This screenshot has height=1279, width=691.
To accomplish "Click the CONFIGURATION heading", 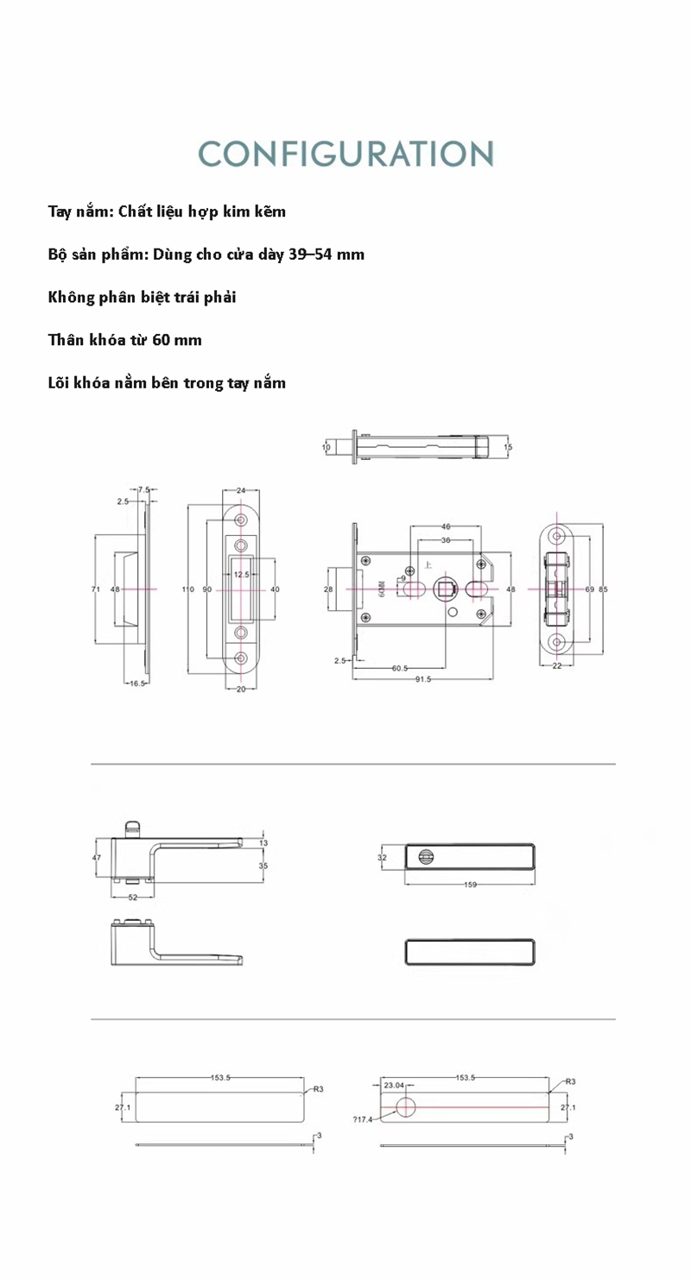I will tap(345, 154).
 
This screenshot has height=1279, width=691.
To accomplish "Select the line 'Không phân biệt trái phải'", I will tap(143, 297).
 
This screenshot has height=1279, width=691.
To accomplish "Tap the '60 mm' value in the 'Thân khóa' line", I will tap(177, 340).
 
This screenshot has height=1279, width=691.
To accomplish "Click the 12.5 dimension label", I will tap(241, 573).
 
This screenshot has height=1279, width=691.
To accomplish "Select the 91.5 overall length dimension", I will tap(423, 679).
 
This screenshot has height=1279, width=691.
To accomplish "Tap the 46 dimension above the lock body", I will tap(446, 526).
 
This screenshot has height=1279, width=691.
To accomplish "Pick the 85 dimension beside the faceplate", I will tap(603, 589).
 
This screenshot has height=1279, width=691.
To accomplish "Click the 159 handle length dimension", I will tap(471, 885).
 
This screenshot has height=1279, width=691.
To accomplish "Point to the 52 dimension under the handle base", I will tap(133, 897).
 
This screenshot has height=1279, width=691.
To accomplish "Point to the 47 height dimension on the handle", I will tap(98, 858).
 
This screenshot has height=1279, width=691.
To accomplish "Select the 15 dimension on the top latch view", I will tap(508, 447).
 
